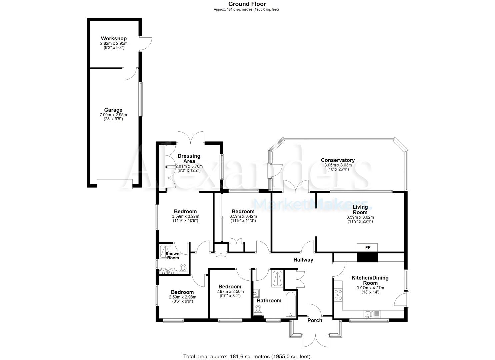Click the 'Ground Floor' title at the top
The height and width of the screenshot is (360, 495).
pos(247,4)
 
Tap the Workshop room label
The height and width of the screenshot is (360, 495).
pos(114,39)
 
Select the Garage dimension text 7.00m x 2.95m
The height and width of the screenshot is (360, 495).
pos(113,115)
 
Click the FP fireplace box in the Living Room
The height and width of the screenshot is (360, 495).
pos(368,248)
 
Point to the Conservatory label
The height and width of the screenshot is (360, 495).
pos(337,160)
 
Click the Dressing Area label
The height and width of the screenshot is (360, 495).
pos(189,158)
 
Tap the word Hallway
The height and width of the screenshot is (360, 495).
pos(303,260)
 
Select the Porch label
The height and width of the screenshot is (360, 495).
pos(314,320)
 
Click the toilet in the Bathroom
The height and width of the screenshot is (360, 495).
pos(258,310)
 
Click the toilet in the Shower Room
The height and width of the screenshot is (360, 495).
pos(183,269)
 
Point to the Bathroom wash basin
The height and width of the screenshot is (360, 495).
pos(257,294)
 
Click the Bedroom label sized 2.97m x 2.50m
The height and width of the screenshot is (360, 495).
pos(230,287)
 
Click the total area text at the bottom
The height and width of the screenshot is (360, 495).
pos(247,356)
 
